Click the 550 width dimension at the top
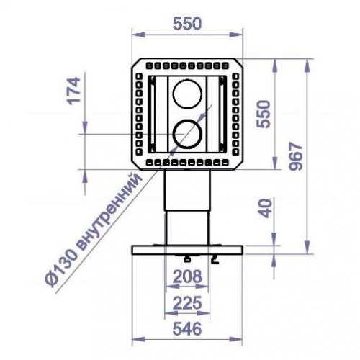pyautogui.click(x=187, y=23)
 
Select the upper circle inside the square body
pyautogui.click(x=187, y=94)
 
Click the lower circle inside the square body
pyautogui.click(x=187, y=132)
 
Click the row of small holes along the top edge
pyautogui.click(x=187, y=65)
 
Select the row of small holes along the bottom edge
pyautogui.click(x=187, y=163)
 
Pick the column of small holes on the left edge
pyautogui.click(x=138, y=114)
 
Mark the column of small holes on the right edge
pyautogui.click(x=236, y=114)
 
